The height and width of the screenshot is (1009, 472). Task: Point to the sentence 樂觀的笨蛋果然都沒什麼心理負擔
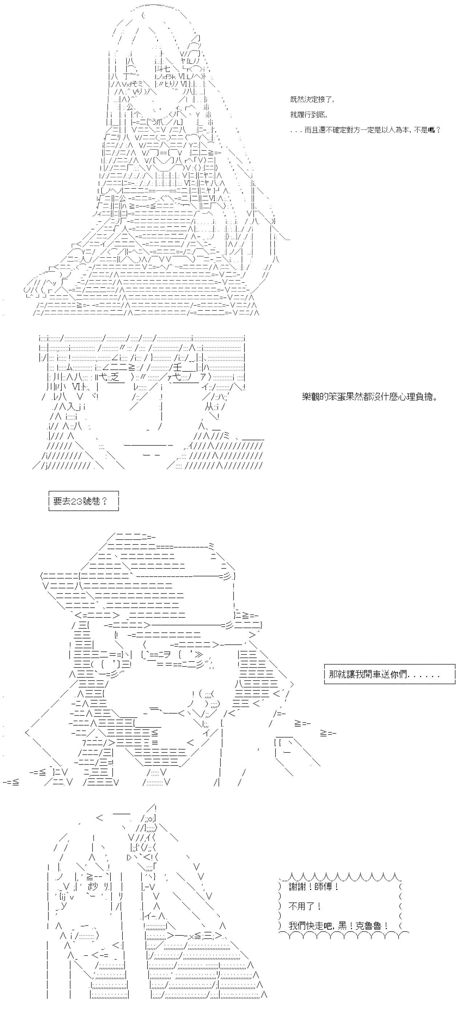pyautogui.click(x=370, y=397)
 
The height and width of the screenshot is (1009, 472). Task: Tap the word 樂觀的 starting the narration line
pyautogui.click(x=315, y=397)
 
